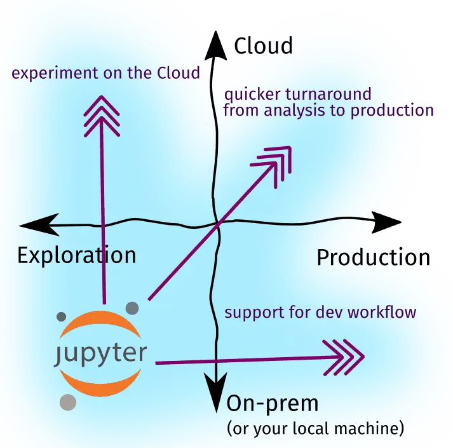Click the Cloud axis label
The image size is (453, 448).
coord(263,46)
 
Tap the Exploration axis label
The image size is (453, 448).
coord(76,255)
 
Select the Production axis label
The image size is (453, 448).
coord(373,258)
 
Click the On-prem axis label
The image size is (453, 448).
coord(272,404)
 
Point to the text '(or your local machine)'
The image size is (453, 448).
coord(315,428)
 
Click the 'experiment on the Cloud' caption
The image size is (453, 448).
coord(106,73)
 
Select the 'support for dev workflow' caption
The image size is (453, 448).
coord(320,313)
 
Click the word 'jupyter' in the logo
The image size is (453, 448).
coord(100,353)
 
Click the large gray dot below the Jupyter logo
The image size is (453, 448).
coord(68,402)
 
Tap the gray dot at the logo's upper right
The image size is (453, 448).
coord(132,308)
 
